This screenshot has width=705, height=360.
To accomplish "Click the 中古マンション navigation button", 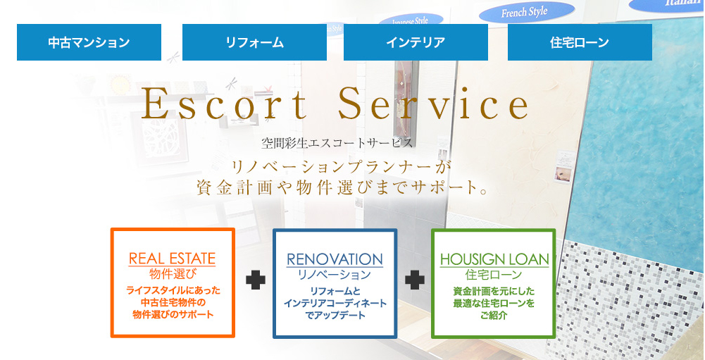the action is click(x=89, y=42).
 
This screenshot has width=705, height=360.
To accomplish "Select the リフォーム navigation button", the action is click(x=254, y=42).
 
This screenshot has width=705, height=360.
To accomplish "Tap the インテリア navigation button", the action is click(x=416, y=42).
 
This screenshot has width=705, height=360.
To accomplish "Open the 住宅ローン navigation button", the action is click(x=580, y=42).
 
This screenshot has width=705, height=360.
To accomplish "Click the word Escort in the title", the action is click(x=224, y=104).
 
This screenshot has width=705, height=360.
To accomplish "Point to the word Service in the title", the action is click(x=433, y=104).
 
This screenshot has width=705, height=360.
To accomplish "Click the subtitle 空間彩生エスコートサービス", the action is click(x=337, y=144).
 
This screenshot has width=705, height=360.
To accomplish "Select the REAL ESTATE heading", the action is click(x=173, y=259).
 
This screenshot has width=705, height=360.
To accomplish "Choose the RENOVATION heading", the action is click(x=335, y=259).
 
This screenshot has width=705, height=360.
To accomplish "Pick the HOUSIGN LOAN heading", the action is click(x=494, y=260).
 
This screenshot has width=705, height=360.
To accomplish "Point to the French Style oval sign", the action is click(x=527, y=12).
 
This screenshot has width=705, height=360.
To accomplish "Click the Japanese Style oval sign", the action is click(x=411, y=20).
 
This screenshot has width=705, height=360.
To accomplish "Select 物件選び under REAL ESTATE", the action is click(x=173, y=273).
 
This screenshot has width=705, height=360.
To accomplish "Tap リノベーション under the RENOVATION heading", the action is click(x=335, y=275).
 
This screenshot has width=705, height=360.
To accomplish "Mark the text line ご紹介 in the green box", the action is click(x=494, y=315).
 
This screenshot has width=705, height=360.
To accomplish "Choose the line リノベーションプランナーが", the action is click(x=340, y=167).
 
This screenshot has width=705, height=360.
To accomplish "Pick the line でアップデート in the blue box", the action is click(x=335, y=315).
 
